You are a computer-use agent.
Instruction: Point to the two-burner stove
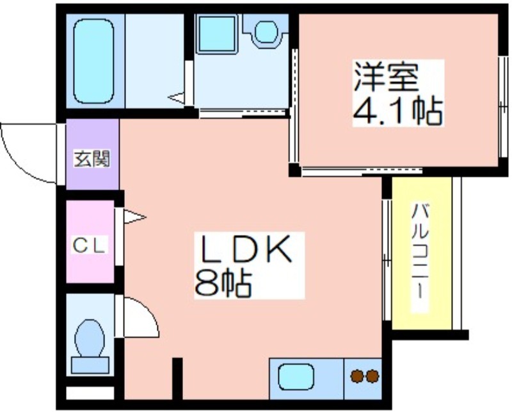[x=364, y=376]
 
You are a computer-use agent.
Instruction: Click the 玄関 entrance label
[x=92, y=158]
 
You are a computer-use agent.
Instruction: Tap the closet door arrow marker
[x=134, y=217]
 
